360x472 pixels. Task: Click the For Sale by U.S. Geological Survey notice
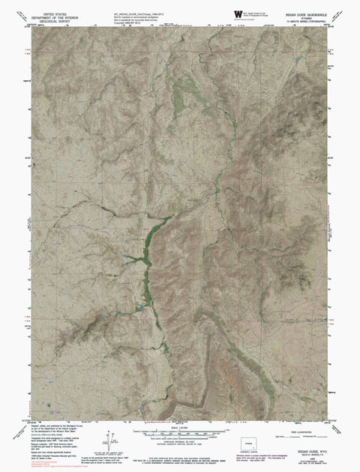[x=180, y=450]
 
